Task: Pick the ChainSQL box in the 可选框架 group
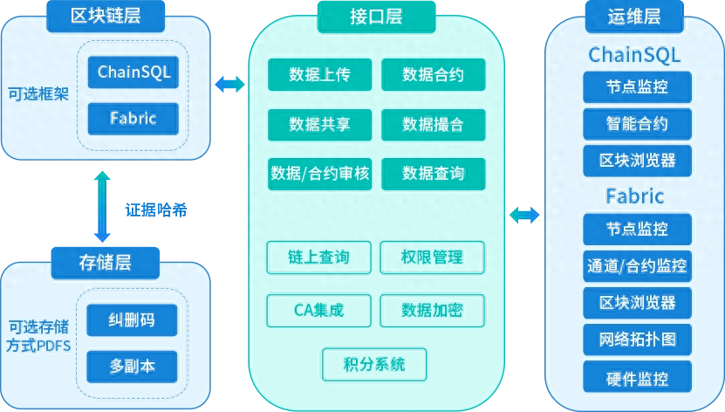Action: (x=133, y=71)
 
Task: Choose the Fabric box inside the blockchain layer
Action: (x=133, y=117)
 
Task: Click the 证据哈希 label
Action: (x=155, y=209)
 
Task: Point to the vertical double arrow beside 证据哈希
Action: (x=103, y=207)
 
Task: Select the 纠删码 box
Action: (x=133, y=320)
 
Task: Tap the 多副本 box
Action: (x=133, y=366)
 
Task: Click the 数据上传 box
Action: (x=319, y=75)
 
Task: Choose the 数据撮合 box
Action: (x=433, y=124)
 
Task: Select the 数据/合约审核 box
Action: (x=319, y=174)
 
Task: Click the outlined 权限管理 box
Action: (x=432, y=257)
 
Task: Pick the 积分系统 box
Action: (x=374, y=364)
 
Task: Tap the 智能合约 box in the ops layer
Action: (x=637, y=122)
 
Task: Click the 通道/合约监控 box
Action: (x=637, y=265)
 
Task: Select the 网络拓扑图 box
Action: (x=637, y=339)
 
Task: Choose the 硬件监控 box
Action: (x=637, y=379)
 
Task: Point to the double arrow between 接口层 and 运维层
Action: (x=524, y=215)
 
